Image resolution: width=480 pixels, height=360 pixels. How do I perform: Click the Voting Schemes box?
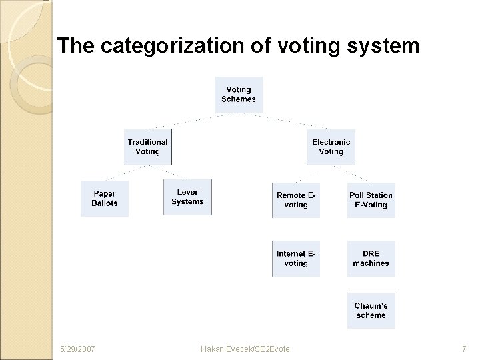238,95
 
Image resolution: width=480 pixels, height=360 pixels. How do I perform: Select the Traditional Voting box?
147,147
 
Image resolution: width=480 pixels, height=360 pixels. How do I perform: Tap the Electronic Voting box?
331,147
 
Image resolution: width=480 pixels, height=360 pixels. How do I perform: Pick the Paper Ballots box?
104,199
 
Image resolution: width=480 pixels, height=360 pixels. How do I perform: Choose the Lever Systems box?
187,197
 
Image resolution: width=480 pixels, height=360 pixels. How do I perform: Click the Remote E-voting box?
296,200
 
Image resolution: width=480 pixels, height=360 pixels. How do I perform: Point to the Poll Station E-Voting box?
371,200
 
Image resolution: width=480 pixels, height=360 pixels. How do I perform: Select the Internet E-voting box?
296,259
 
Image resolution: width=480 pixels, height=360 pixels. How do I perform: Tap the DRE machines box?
371,259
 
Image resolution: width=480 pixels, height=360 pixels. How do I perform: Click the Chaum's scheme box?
371,311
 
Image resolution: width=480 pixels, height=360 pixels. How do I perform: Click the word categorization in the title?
155,47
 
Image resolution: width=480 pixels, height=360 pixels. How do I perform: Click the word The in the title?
73,47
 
